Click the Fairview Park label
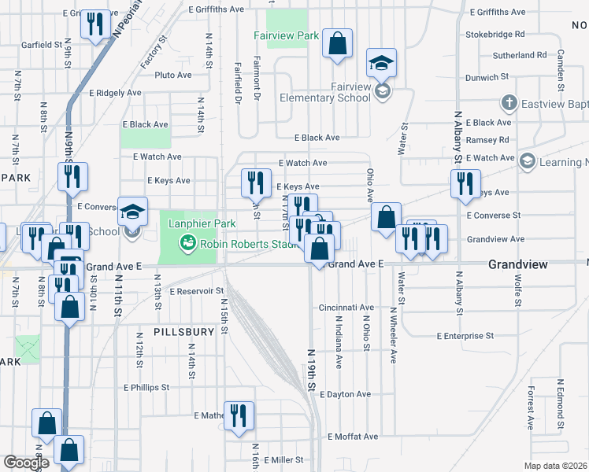click(286, 35)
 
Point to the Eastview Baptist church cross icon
click(509, 103)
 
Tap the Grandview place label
click(517, 265)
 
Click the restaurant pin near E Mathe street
click(238, 415)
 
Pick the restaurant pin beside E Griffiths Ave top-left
click(94, 25)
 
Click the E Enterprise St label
click(465, 335)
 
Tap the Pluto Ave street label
click(173, 76)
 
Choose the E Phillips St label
click(143, 387)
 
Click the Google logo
click(26, 463)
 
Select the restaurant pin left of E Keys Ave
click(255, 183)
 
